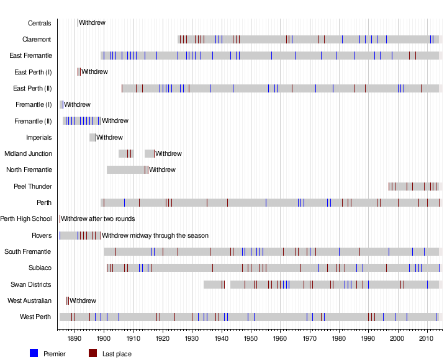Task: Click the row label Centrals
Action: [x=40, y=23]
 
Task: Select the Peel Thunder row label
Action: [x=33, y=186]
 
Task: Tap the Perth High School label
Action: [x=26, y=218]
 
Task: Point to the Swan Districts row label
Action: [x=31, y=284]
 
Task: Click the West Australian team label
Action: [x=29, y=300]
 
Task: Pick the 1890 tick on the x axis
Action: [x=74, y=339]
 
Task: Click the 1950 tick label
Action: [x=250, y=339]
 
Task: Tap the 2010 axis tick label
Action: [x=427, y=339]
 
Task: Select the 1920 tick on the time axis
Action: [x=163, y=339]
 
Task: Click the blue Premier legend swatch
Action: [x=34, y=353]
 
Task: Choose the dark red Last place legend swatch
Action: [x=93, y=353]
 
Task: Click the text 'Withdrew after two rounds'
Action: [x=97, y=218]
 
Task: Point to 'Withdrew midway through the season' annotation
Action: [x=155, y=235]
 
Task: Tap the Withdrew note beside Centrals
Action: [x=92, y=23]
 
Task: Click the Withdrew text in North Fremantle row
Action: [x=162, y=169]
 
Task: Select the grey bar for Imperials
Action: [x=92, y=137]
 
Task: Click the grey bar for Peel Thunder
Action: [x=413, y=186]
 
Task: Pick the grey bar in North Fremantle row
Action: [x=126, y=169]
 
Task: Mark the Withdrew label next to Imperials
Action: [x=109, y=137]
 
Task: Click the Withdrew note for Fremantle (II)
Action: [x=115, y=120]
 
